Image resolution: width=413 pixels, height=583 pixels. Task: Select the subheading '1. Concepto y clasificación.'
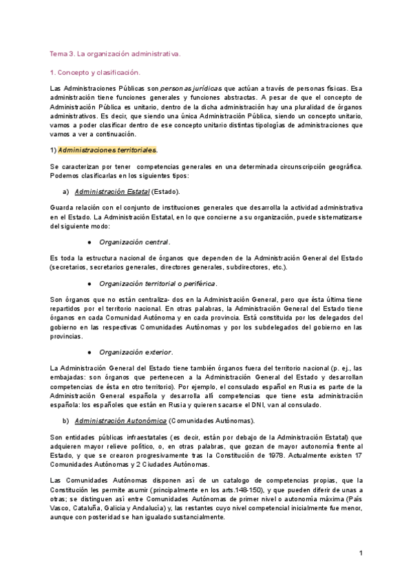[95, 71]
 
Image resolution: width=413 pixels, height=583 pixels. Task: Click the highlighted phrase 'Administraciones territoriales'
[107, 150]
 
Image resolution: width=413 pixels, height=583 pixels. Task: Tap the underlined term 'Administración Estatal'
[112, 191]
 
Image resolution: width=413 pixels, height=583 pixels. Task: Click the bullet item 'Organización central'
[134, 242]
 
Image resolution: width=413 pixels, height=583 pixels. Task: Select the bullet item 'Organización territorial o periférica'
[158, 283]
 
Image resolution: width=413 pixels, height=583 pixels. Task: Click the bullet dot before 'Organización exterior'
[90, 352]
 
